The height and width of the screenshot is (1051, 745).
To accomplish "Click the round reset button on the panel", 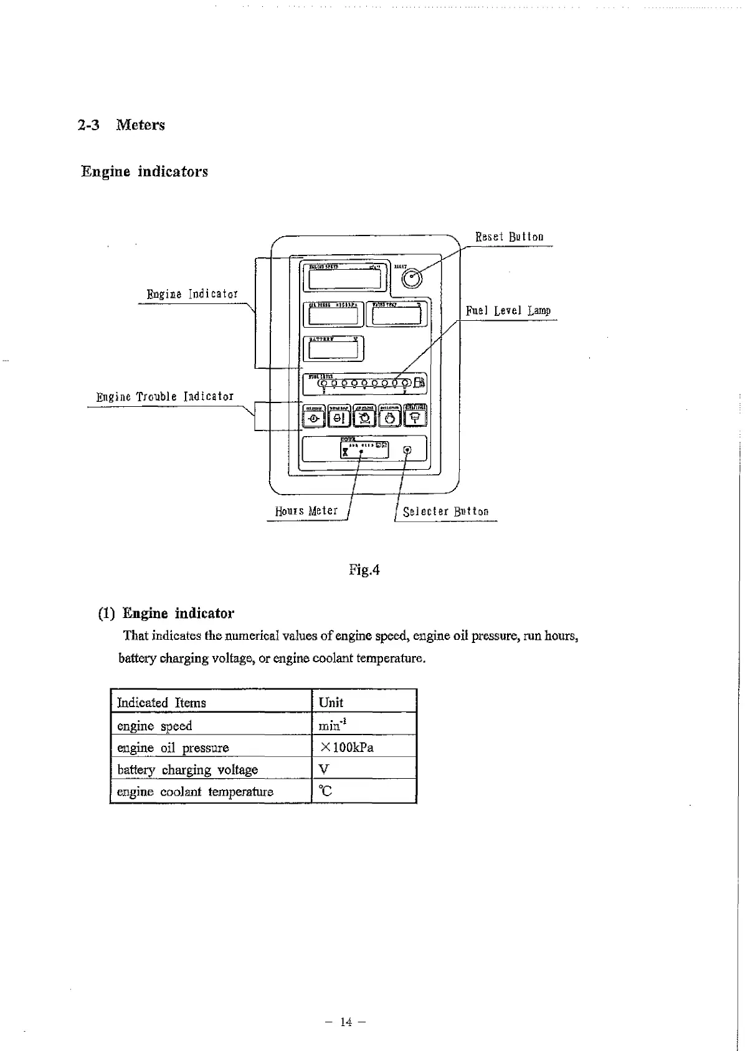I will click(x=412, y=280).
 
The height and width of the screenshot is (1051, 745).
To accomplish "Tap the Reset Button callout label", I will click(x=509, y=237).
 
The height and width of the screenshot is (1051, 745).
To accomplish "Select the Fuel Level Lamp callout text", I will click(x=508, y=310).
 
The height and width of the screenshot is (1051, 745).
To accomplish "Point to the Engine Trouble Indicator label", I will click(x=165, y=397).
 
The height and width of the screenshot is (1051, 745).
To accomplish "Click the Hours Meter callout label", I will click(x=306, y=511).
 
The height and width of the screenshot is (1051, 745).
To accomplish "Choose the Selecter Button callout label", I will click(x=445, y=511).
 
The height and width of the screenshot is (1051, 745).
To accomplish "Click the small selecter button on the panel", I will click(x=407, y=450).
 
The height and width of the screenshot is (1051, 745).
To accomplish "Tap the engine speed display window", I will click(x=344, y=279).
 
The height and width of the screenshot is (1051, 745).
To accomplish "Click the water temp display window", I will click(x=396, y=315).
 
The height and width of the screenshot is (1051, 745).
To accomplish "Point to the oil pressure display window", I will click(x=333, y=315).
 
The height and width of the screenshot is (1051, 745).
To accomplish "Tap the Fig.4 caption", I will click(x=364, y=569).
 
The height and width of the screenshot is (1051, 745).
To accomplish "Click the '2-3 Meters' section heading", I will click(x=121, y=125).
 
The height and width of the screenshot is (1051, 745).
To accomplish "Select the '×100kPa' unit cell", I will click(x=346, y=747).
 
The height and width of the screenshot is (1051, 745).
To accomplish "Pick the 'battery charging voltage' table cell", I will click(x=187, y=769).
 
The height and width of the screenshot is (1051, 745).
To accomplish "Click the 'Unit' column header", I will click(x=331, y=702).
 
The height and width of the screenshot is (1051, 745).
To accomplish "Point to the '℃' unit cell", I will click(x=325, y=791).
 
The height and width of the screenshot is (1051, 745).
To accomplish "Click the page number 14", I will click(x=346, y=1022).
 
